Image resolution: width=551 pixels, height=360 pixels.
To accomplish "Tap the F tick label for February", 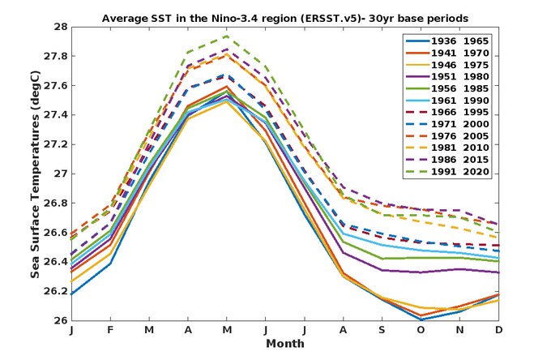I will point(110,331).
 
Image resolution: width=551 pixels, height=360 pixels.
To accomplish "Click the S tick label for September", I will point(381,331).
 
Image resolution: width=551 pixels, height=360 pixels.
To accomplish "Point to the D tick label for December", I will point(497,331).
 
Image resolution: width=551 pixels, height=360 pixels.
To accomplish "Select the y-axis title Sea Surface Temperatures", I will point(36,173).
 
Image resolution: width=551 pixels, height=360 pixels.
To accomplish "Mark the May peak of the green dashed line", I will point(226,36).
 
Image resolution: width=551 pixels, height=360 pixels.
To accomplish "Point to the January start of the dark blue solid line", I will point(72,294).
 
